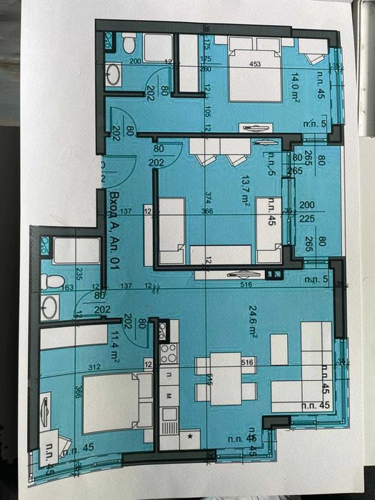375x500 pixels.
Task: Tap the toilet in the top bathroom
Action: point(129,44)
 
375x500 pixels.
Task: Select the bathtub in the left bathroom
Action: point(75,251)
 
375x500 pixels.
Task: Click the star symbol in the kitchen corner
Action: point(190,434)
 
